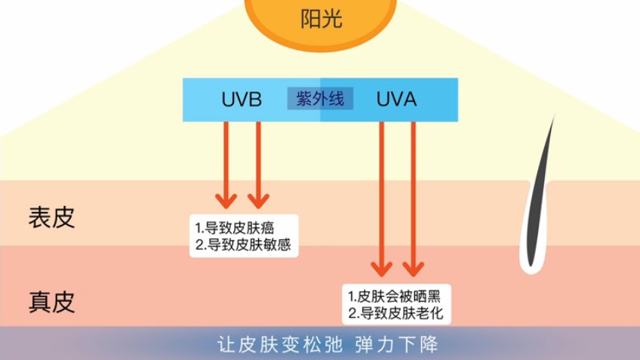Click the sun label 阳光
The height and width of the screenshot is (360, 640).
(x=321, y=18)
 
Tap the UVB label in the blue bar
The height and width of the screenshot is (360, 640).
(x=242, y=100)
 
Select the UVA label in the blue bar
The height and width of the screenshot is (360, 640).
(x=395, y=100)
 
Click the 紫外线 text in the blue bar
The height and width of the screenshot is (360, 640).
(x=320, y=99)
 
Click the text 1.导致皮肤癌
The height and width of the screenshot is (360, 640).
(x=235, y=227)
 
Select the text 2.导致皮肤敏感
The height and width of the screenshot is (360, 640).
(x=242, y=245)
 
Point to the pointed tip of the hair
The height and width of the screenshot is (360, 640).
(x=554, y=117)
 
